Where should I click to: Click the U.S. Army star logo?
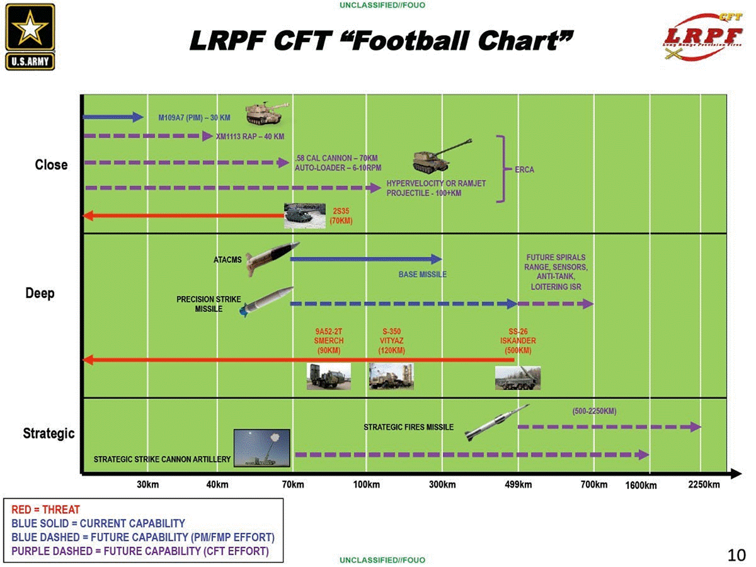pyautogui.click(x=30, y=36)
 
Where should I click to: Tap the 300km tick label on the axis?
pyautogui.click(x=442, y=484)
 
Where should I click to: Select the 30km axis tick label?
pyautogui.click(x=148, y=484)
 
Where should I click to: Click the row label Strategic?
pyautogui.click(x=49, y=433)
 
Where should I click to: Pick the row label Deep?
pyautogui.click(x=40, y=294)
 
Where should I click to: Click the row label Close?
pyautogui.click(x=51, y=165)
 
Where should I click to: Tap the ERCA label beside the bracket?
pyautogui.click(x=524, y=169)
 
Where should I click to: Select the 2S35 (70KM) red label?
pyautogui.click(x=341, y=216)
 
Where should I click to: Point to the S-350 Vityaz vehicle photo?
pyautogui.click(x=391, y=376)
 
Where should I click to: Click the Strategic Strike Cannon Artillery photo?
pyautogui.click(x=261, y=448)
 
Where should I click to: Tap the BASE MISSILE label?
pyautogui.click(x=422, y=275)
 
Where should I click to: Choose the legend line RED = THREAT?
pyautogui.click(x=46, y=509)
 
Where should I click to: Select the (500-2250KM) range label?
pyautogui.click(x=594, y=411)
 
